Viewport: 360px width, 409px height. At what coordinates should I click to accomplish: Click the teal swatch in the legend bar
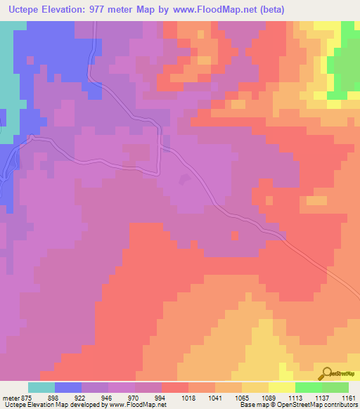click(41, 387)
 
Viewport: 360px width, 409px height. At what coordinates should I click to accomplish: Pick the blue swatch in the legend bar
click(68, 387)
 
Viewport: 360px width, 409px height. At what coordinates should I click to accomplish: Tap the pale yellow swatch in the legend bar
click(282, 387)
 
